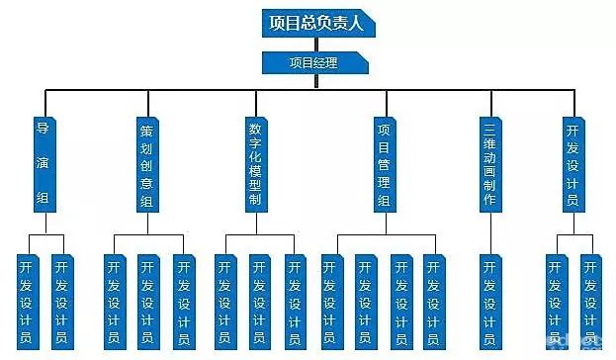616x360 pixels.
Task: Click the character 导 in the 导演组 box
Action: tap(43, 129)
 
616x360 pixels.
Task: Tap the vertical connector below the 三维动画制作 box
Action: tap(489, 233)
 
